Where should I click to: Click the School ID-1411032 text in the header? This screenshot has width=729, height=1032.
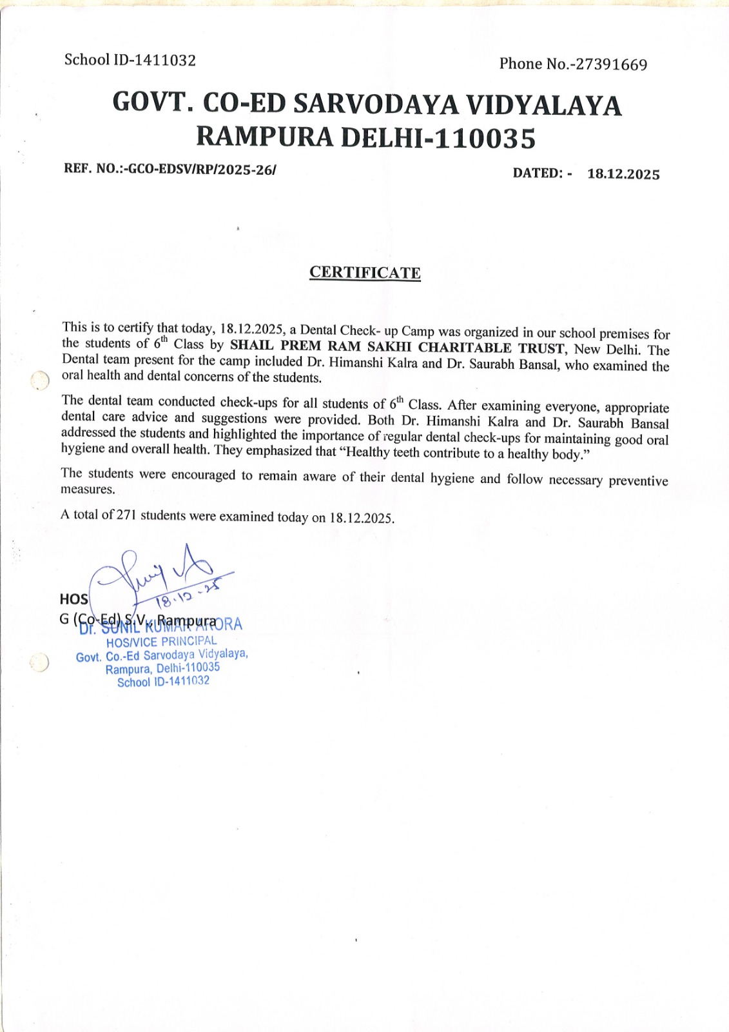pos(130,60)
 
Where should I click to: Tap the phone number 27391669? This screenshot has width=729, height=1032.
pos(611,64)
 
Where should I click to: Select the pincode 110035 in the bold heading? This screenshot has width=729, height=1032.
pos(485,139)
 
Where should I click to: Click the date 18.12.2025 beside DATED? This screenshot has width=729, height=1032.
pos(623,174)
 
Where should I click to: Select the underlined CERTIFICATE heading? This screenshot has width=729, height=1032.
pos(365,273)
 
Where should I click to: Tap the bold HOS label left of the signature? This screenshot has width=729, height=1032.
pos(73,599)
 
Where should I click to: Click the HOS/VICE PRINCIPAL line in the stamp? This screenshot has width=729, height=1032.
pos(161,642)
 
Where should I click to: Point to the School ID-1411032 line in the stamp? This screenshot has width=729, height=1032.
pos(163,682)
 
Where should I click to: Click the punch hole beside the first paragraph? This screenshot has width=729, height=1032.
pos(40,381)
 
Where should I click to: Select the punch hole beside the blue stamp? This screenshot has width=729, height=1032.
pos(39,662)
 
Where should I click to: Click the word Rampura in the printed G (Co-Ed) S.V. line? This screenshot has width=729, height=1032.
pos(186,620)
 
